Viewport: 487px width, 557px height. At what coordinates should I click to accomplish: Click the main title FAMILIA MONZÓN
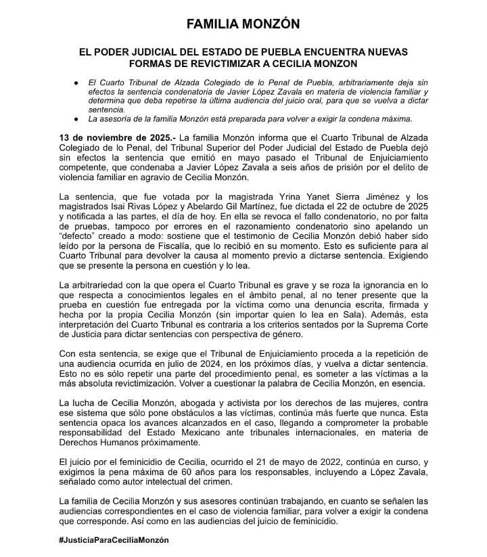coord(243,24)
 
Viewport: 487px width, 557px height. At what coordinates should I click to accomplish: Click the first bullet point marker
coord(76,82)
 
